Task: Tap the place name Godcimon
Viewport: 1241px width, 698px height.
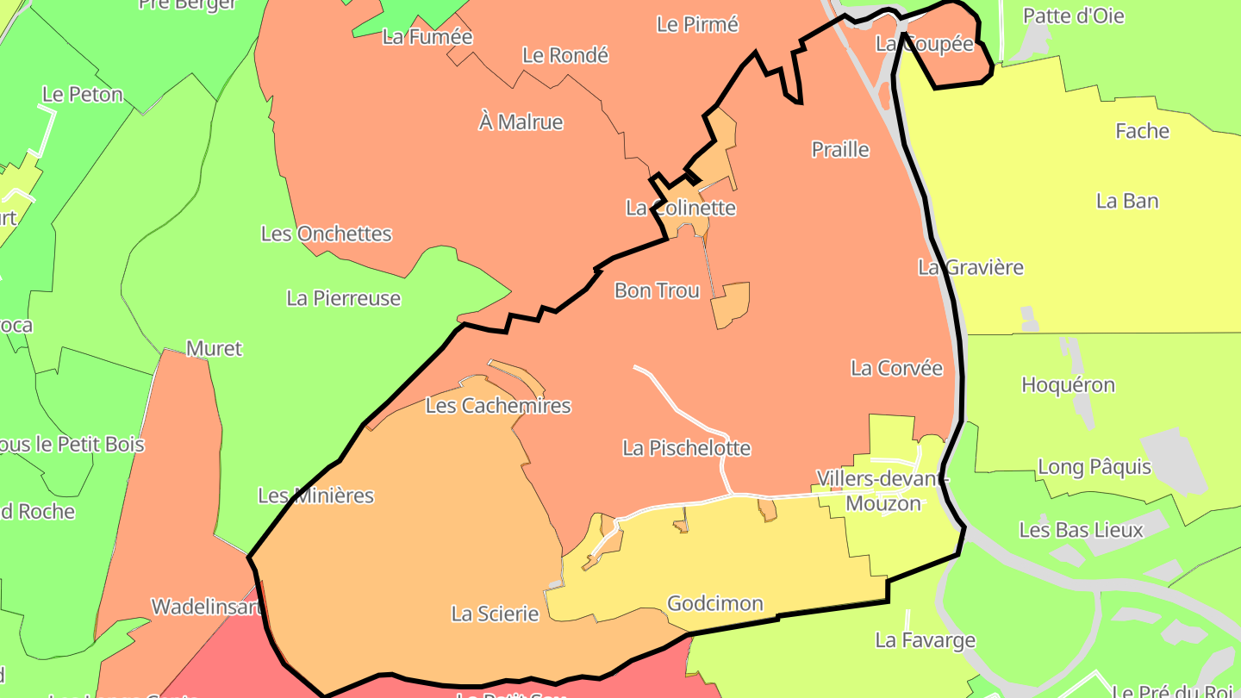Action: [715, 603]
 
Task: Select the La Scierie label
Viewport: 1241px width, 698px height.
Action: [495, 614]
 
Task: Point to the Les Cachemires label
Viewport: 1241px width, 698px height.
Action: [498, 405]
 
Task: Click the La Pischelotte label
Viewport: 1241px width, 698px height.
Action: [686, 448]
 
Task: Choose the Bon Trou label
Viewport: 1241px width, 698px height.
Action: [657, 290]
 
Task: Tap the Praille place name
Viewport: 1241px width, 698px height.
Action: [840, 149]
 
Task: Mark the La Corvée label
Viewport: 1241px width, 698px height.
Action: [896, 368]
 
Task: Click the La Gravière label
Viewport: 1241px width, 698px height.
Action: [970, 267]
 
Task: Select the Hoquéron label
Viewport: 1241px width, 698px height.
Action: [1068, 384]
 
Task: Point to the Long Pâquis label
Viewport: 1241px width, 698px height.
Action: [1094, 467]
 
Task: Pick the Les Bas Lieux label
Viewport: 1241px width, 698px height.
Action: [1081, 529]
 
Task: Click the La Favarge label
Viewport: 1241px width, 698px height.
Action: [925, 640]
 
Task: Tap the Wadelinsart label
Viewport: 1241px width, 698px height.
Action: [205, 607]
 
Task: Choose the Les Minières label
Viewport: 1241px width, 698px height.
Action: [316, 495]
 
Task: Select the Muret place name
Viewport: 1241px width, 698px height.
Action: [215, 348]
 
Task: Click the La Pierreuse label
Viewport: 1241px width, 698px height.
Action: [344, 298]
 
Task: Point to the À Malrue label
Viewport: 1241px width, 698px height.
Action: [521, 122]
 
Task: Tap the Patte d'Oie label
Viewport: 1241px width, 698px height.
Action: [1073, 16]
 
